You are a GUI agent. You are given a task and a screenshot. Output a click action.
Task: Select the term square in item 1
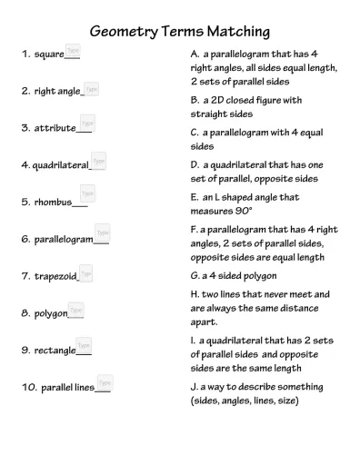[49, 54]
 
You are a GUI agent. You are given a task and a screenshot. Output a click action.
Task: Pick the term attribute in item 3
[55, 129]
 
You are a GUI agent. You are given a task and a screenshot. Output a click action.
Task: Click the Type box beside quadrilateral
[98, 161]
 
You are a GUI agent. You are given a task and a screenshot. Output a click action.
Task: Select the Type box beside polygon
[76, 310]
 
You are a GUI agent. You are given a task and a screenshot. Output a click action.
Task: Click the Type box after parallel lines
[105, 383]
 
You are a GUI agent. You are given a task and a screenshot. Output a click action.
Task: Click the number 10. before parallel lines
[29, 388]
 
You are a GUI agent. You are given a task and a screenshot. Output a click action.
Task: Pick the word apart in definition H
[205, 321]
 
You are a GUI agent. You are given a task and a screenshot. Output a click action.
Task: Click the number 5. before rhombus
[25, 202]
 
